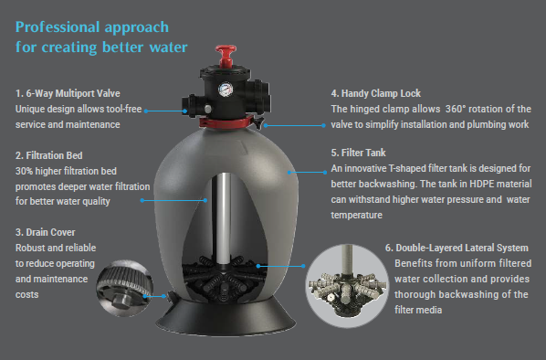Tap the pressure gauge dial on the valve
(x=226, y=90)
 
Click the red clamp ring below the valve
(x=226, y=122)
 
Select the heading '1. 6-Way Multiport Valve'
(x=68, y=93)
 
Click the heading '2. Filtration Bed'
(x=49, y=155)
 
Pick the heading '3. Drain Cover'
(x=46, y=232)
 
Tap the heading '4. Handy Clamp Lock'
(x=376, y=93)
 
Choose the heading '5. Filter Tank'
(x=358, y=153)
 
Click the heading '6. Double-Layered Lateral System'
(x=457, y=248)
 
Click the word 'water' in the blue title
(x=169, y=48)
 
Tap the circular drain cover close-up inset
(x=125, y=288)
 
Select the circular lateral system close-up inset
(x=347, y=286)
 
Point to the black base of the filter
(x=226, y=317)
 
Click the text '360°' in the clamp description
(x=456, y=109)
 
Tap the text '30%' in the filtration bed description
(x=24, y=171)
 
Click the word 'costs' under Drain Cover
(x=26, y=295)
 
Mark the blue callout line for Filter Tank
(x=307, y=172)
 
